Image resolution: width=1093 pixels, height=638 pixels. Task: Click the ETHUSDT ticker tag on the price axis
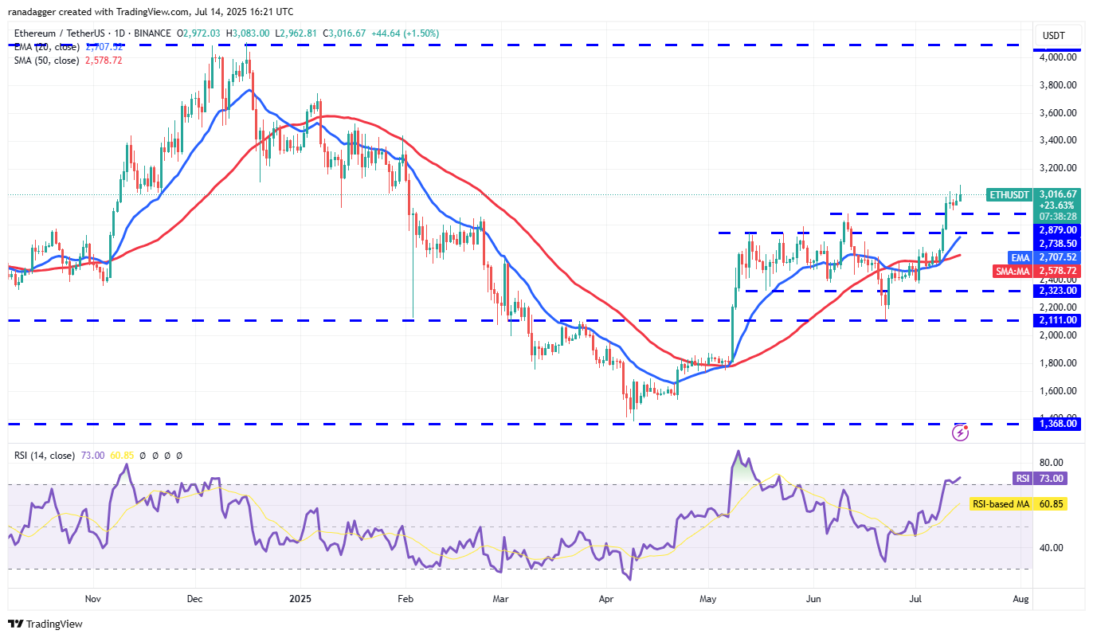(1009, 194)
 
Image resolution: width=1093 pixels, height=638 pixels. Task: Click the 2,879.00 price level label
(1058, 229)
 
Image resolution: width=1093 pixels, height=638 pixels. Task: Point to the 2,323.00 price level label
(1058, 291)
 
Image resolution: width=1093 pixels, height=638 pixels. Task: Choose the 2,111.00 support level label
(1058, 320)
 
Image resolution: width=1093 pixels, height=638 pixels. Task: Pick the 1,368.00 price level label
(1058, 424)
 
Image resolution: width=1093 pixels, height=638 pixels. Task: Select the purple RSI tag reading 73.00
(1022, 478)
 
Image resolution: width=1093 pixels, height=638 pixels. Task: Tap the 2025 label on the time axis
(300, 597)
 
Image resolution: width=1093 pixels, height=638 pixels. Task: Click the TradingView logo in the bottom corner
(45, 624)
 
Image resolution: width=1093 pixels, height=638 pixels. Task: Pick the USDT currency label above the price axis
(1053, 36)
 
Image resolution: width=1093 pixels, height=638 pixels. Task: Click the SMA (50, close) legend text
(45, 61)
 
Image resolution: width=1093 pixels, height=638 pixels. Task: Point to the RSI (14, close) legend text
(45, 456)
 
